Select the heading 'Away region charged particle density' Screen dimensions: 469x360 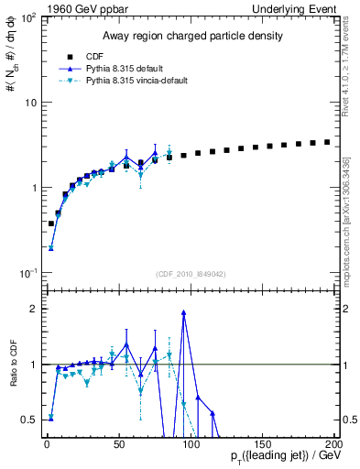point(190,36)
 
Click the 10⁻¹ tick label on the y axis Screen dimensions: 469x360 point(27,273)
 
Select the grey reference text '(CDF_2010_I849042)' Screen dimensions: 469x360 point(190,272)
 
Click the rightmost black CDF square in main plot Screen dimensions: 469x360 point(327,142)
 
